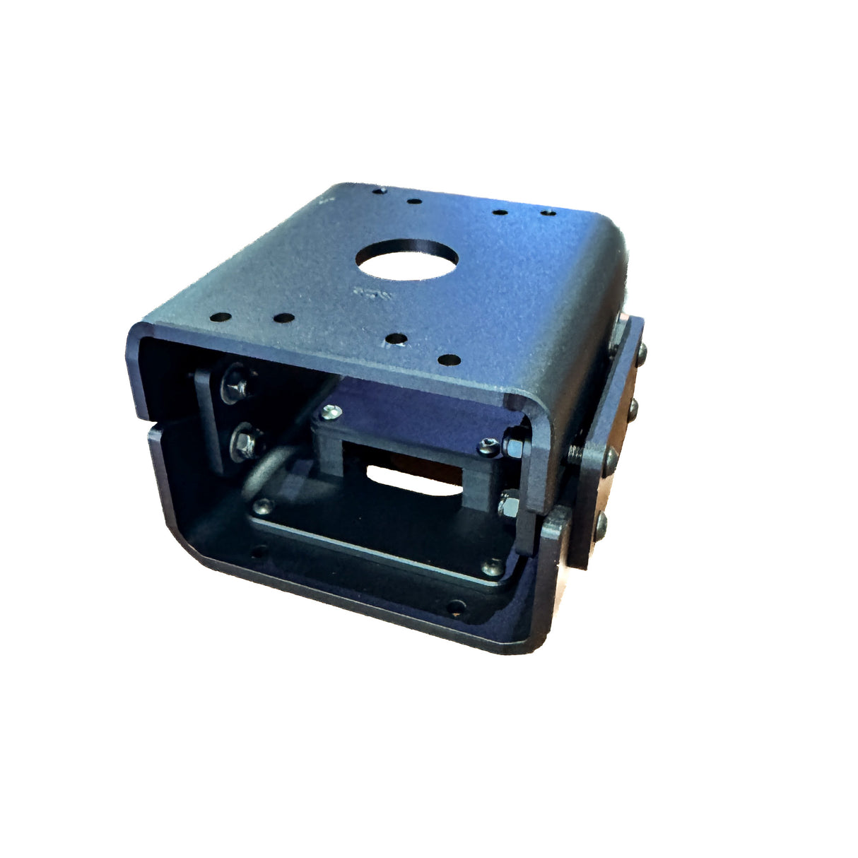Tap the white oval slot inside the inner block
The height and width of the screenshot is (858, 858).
413,481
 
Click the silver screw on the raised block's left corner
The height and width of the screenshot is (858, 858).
330,411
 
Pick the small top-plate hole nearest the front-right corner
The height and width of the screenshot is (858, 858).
445,360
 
